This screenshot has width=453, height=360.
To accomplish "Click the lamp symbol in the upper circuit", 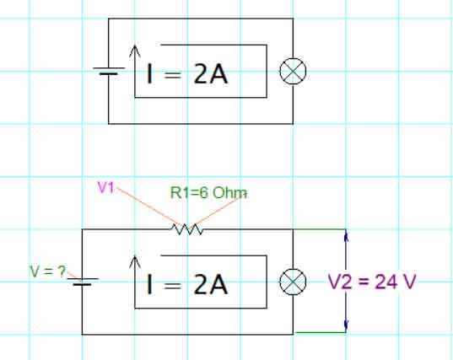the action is (293, 71).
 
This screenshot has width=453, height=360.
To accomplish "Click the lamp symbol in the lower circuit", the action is (293, 282).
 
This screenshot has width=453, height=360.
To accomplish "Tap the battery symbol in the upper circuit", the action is (109, 71).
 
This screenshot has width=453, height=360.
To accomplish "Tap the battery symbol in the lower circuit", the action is (83, 282).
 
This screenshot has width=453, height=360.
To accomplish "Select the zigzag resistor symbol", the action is (187, 229).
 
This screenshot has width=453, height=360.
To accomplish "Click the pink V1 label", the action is (106, 187).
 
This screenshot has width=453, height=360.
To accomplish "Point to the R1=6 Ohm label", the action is (208, 192).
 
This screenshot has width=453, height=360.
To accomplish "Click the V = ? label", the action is (48, 271).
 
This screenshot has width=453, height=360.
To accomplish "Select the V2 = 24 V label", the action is (372, 282).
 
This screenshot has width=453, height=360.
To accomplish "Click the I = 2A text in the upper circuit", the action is (187, 73).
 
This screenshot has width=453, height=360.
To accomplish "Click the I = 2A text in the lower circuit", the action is (187, 284).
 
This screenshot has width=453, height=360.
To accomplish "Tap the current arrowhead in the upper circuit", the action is (135, 50).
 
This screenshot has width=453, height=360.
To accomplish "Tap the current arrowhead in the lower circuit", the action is (135, 261).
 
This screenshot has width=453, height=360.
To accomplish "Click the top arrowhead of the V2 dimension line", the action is (347, 234).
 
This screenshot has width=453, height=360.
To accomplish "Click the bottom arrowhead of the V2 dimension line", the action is (347, 326).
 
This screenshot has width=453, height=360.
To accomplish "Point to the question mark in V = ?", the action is (62, 271).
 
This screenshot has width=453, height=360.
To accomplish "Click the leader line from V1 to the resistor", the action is (149, 207).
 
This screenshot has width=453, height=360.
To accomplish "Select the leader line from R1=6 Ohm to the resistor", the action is (218, 211).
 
